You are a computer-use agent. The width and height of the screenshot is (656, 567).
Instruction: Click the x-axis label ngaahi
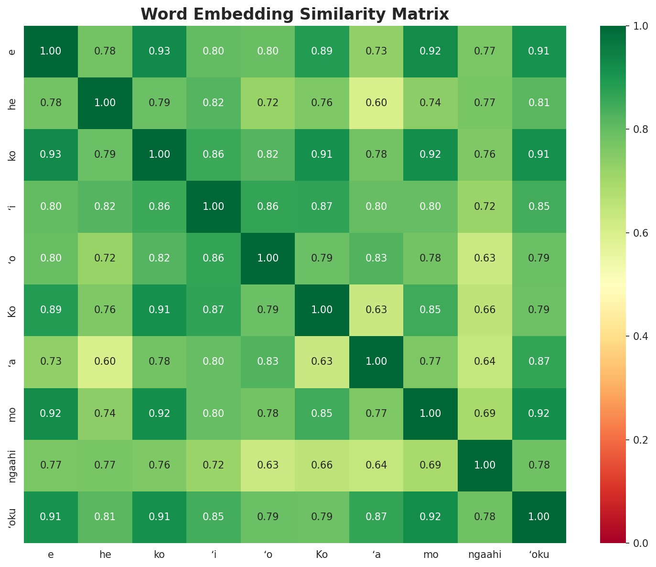485,555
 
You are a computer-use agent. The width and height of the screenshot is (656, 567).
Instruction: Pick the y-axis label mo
12,414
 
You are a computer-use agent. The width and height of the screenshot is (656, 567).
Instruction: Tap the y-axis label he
12,103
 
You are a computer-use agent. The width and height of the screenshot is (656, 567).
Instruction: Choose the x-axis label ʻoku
539,555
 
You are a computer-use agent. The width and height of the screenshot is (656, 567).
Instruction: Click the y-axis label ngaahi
12,465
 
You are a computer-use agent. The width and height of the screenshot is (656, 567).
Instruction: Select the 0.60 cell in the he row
376,103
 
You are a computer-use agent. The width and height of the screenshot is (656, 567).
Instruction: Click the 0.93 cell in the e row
159,51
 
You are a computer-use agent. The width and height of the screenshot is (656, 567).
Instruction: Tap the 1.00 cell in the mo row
430,414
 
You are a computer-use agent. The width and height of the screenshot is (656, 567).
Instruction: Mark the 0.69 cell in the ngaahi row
430,465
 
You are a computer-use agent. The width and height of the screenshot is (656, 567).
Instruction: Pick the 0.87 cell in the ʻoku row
376,517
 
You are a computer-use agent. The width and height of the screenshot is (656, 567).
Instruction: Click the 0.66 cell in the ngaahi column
485,310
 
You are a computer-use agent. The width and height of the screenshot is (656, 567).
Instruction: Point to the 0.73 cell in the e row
376,51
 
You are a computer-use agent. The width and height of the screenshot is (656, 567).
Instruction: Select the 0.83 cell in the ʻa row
268,361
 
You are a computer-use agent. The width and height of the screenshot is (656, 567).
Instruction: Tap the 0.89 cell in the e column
51,310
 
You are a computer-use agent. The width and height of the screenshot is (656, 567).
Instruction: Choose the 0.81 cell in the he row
539,103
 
